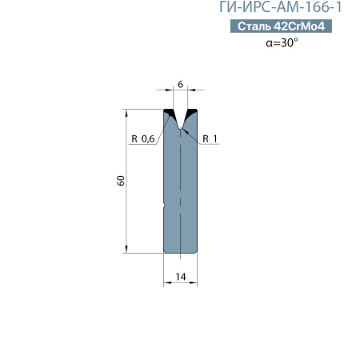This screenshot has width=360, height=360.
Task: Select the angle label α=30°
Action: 282,44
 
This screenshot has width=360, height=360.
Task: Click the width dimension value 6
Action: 181,85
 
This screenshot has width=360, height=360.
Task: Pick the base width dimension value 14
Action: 181,276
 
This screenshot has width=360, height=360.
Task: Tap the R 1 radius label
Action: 210,139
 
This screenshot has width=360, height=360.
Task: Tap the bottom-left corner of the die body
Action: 166,251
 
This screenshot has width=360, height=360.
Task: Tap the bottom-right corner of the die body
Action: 196,251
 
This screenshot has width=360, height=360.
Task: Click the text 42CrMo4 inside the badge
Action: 299,27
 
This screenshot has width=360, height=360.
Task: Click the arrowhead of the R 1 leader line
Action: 184,130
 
